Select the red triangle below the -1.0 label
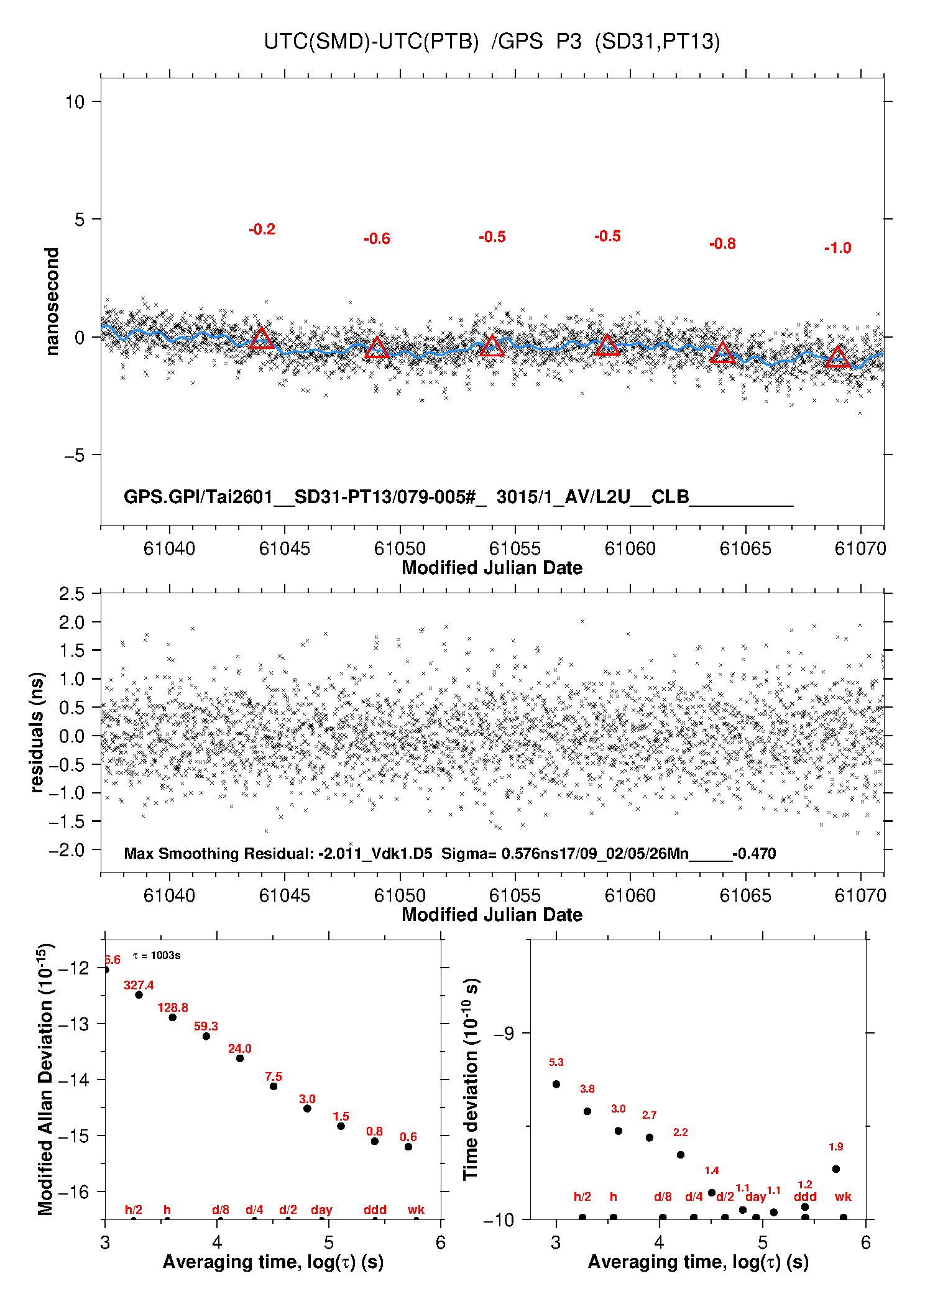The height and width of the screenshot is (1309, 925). click(837, 358)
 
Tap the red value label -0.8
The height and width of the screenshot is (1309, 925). click(722, 244)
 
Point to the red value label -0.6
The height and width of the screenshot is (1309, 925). click(377, 239)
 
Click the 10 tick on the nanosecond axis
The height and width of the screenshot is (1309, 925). click(75, 101)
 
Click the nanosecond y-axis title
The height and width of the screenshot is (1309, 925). click(52, 301)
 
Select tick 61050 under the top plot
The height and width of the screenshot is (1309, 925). click(400, 548)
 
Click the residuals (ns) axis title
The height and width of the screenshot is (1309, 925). click(37, 732)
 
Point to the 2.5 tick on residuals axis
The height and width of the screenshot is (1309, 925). click(71, 594)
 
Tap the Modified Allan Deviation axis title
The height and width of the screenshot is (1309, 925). click(46, 1079)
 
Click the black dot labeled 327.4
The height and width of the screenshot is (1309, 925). click(139, 995)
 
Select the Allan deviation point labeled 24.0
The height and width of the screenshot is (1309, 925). click(240, 1058)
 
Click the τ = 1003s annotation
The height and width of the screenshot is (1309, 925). click(157, 955)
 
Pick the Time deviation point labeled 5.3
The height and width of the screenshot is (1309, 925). click(556, 1084)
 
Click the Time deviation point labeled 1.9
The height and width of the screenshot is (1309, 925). click(836, 1169)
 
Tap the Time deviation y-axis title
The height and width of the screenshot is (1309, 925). click(471, 1080)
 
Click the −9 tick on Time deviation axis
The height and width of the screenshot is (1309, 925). click(504, 1034)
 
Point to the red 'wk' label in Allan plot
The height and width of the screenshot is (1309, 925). click(416, 1210)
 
